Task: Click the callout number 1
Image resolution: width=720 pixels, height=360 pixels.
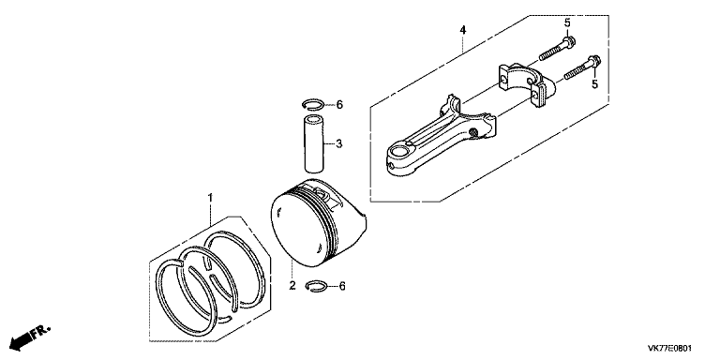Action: [x=211, y=198]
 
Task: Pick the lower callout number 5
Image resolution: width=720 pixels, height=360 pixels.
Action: [x=593, y=85]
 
